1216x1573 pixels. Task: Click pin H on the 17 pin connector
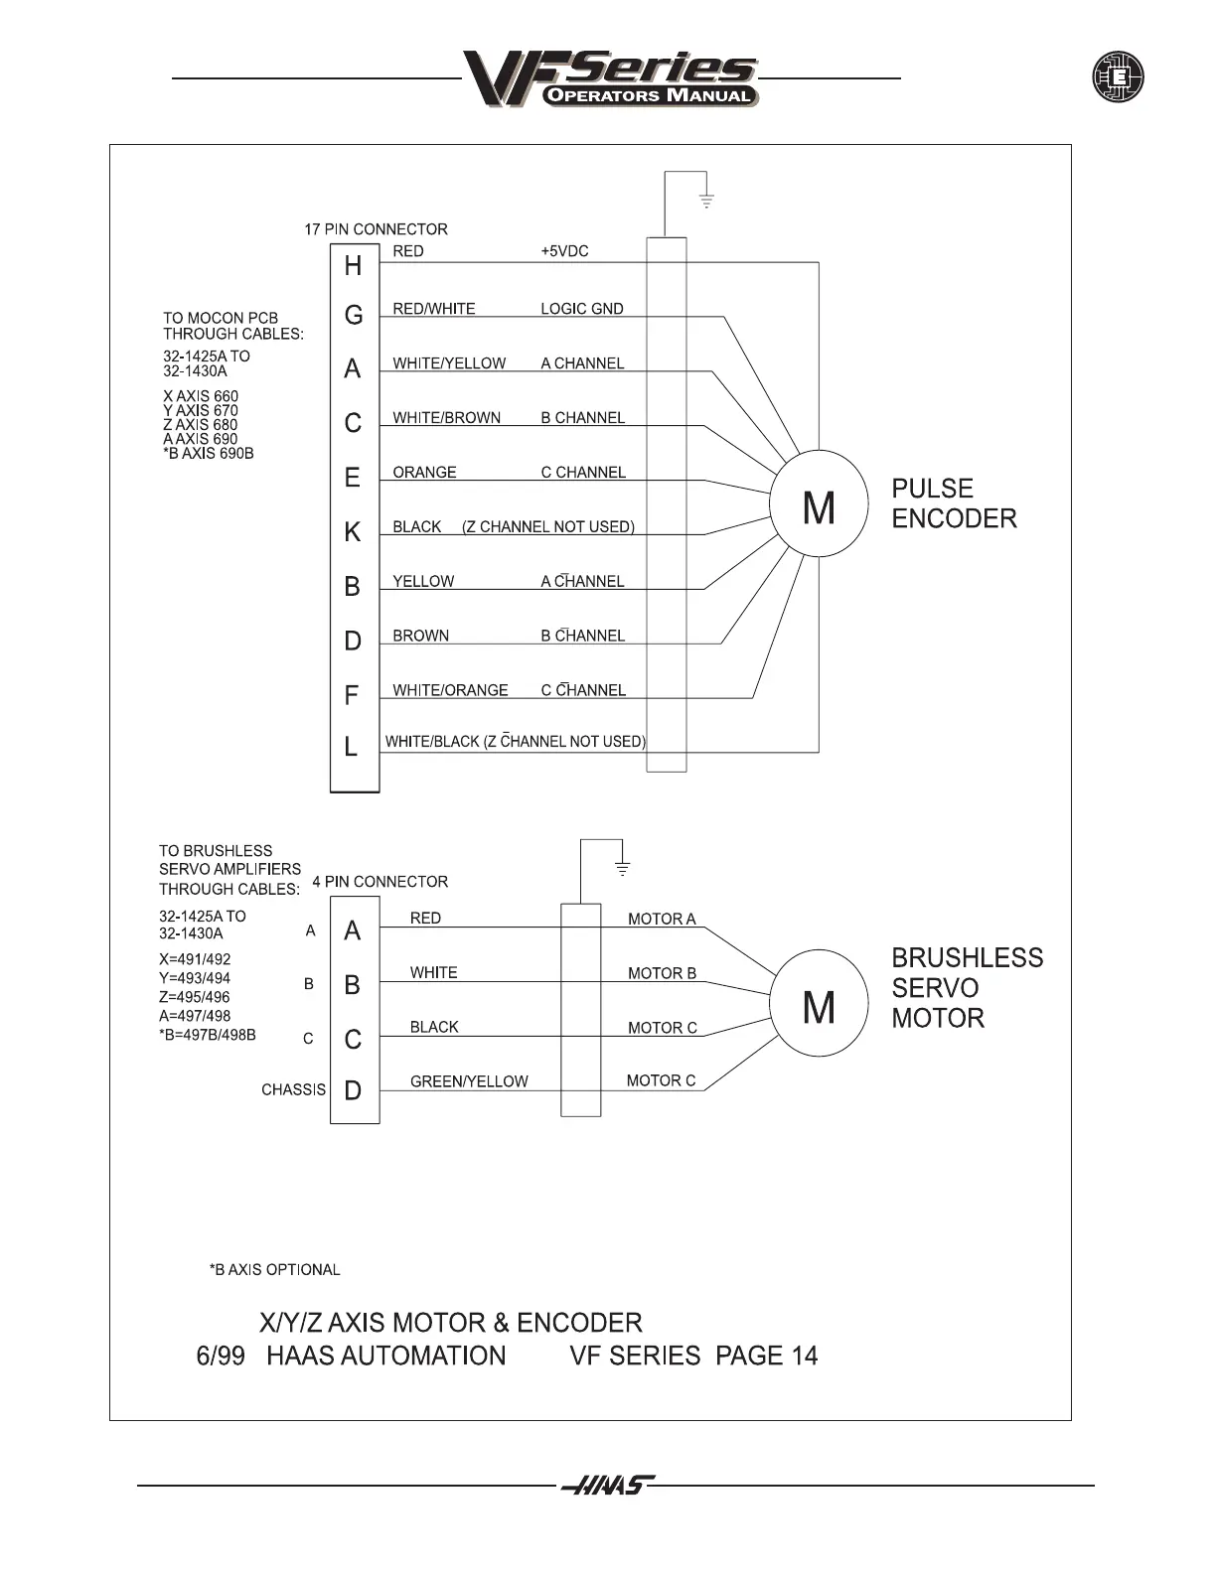(353, 266)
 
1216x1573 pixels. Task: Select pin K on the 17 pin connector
(353, 532)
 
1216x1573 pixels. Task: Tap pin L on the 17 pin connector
(351, 747)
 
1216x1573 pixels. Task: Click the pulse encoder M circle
(819, 507)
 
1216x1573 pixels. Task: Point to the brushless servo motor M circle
(819, 1008)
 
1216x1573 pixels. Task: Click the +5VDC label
(564, 251)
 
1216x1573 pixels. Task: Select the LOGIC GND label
(582, 309)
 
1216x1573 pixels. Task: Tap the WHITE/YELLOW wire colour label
(449, 363)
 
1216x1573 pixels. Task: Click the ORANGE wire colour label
(424, 473)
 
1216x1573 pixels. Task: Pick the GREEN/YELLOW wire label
(469, 1081)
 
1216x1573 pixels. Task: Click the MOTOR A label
(662, 920)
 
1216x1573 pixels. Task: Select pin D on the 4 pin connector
(353, 1090)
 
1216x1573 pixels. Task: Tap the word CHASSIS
(293, 1089)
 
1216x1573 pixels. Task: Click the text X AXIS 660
(201, 396)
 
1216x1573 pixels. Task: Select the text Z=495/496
(194, 997)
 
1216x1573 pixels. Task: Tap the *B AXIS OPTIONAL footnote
(274, 1270)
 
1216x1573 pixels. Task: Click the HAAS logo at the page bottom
(607, 1486)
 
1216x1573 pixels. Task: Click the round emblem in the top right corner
(1118, 77)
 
